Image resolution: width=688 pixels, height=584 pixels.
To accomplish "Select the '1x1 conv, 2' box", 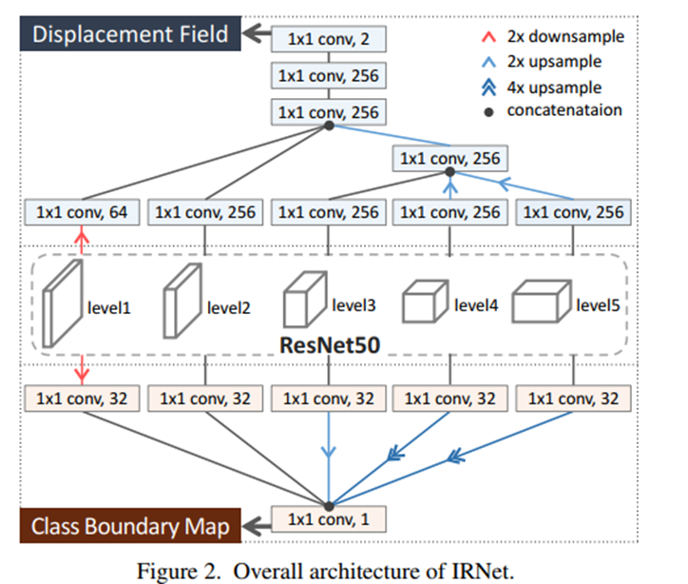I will point(328,39).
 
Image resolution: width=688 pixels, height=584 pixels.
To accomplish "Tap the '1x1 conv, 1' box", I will point(328,519).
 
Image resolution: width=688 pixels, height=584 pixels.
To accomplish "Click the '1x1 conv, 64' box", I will point(82,212).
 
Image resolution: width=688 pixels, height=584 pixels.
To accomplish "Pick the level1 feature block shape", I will point(64,303).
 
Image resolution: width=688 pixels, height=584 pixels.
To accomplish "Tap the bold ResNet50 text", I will point(328,346).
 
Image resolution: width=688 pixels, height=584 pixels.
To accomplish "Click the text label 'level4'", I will point(476,305).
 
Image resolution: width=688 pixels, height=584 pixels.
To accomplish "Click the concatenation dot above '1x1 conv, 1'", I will point(328,504).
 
